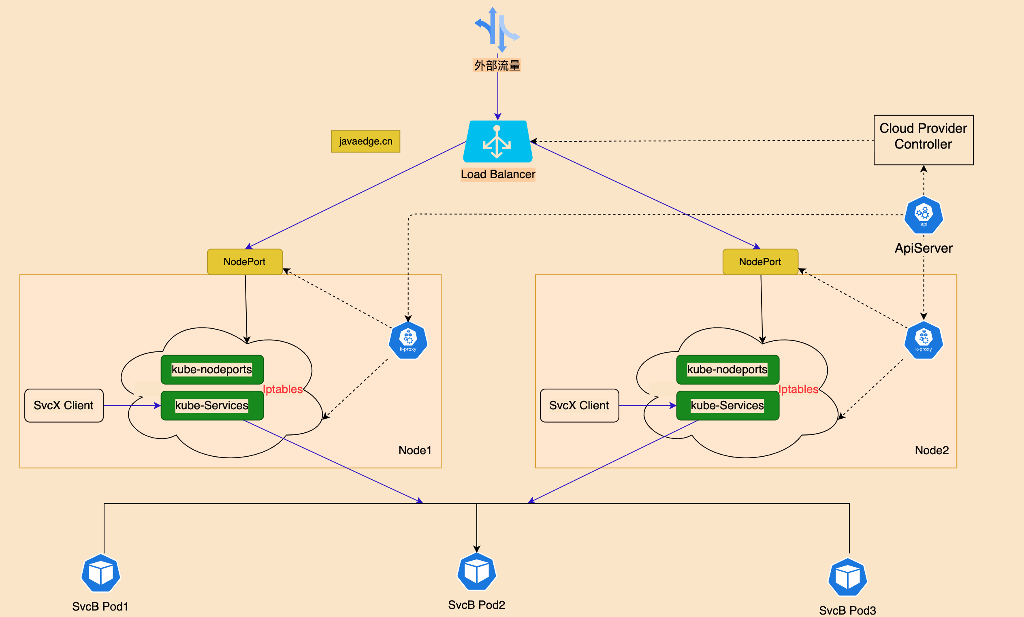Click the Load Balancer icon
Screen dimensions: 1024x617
click(x=497, y=141)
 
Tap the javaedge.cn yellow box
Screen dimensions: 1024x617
click(x=365, y=141)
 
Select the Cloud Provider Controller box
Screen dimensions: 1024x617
click(x=924, y=140)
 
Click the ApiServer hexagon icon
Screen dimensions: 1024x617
click(x=924, y=215)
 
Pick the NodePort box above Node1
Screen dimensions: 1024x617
click(x=245, y=262)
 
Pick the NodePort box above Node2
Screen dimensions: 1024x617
click(x=760, y=262)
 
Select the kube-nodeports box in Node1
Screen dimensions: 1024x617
click(x=212, y=369)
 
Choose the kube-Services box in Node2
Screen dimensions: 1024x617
click(x=727, y=406)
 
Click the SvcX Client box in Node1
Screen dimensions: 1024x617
click(x=64, y=406)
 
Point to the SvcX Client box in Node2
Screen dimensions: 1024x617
click(x=579, y=406)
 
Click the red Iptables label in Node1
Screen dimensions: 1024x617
click(x=283, y=389)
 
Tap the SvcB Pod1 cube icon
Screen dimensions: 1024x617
click(x=100, y=573)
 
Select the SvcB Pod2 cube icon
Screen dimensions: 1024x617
click(x=477, y=571)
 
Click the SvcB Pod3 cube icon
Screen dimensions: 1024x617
click(x=848, y=577)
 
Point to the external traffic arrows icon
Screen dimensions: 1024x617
click(x=497, y=30)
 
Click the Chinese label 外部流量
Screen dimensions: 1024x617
click(x=497, y=66)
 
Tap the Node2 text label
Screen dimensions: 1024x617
click(x=932, y=450)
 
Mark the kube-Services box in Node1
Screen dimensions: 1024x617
click(x=212, y=406)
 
